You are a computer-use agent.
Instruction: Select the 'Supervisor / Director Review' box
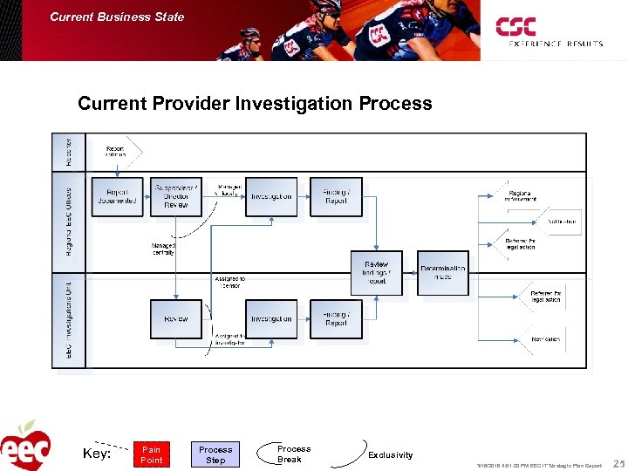coord(176,196)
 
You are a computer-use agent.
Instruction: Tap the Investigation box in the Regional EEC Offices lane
coord(271,196)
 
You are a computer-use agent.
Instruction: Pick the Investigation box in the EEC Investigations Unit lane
coord(271,319)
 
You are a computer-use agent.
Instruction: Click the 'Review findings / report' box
coord(376,273)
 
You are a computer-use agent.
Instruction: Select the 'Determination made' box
coord(443,273)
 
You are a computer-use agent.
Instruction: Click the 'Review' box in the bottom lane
coord(176,319)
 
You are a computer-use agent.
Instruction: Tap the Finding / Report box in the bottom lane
coord(336,319)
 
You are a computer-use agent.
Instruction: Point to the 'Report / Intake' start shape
coord(117,152)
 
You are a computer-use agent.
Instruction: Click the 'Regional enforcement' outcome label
coord(520,196)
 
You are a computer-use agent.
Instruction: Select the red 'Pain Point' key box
coord(152,454)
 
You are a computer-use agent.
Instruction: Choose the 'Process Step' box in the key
coord(215,454)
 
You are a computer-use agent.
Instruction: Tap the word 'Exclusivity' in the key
coord(391,454)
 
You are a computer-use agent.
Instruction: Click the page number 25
coord(618,463)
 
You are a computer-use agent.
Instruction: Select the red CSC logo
coord(515,27)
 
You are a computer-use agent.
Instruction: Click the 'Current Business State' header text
coord(117,17)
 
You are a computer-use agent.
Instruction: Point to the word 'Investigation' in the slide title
coord(296,104)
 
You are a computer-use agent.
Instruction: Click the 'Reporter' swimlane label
coord(70,151)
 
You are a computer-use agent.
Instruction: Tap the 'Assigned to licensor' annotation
coord(229,283)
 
